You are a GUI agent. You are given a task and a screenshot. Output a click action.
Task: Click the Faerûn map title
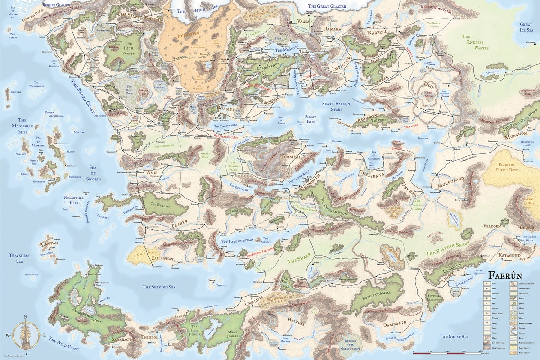pos(505,275)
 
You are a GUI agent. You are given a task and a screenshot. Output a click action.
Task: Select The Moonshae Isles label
pos(22,126)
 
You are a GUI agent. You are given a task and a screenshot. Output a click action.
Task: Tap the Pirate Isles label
pos(311,118)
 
